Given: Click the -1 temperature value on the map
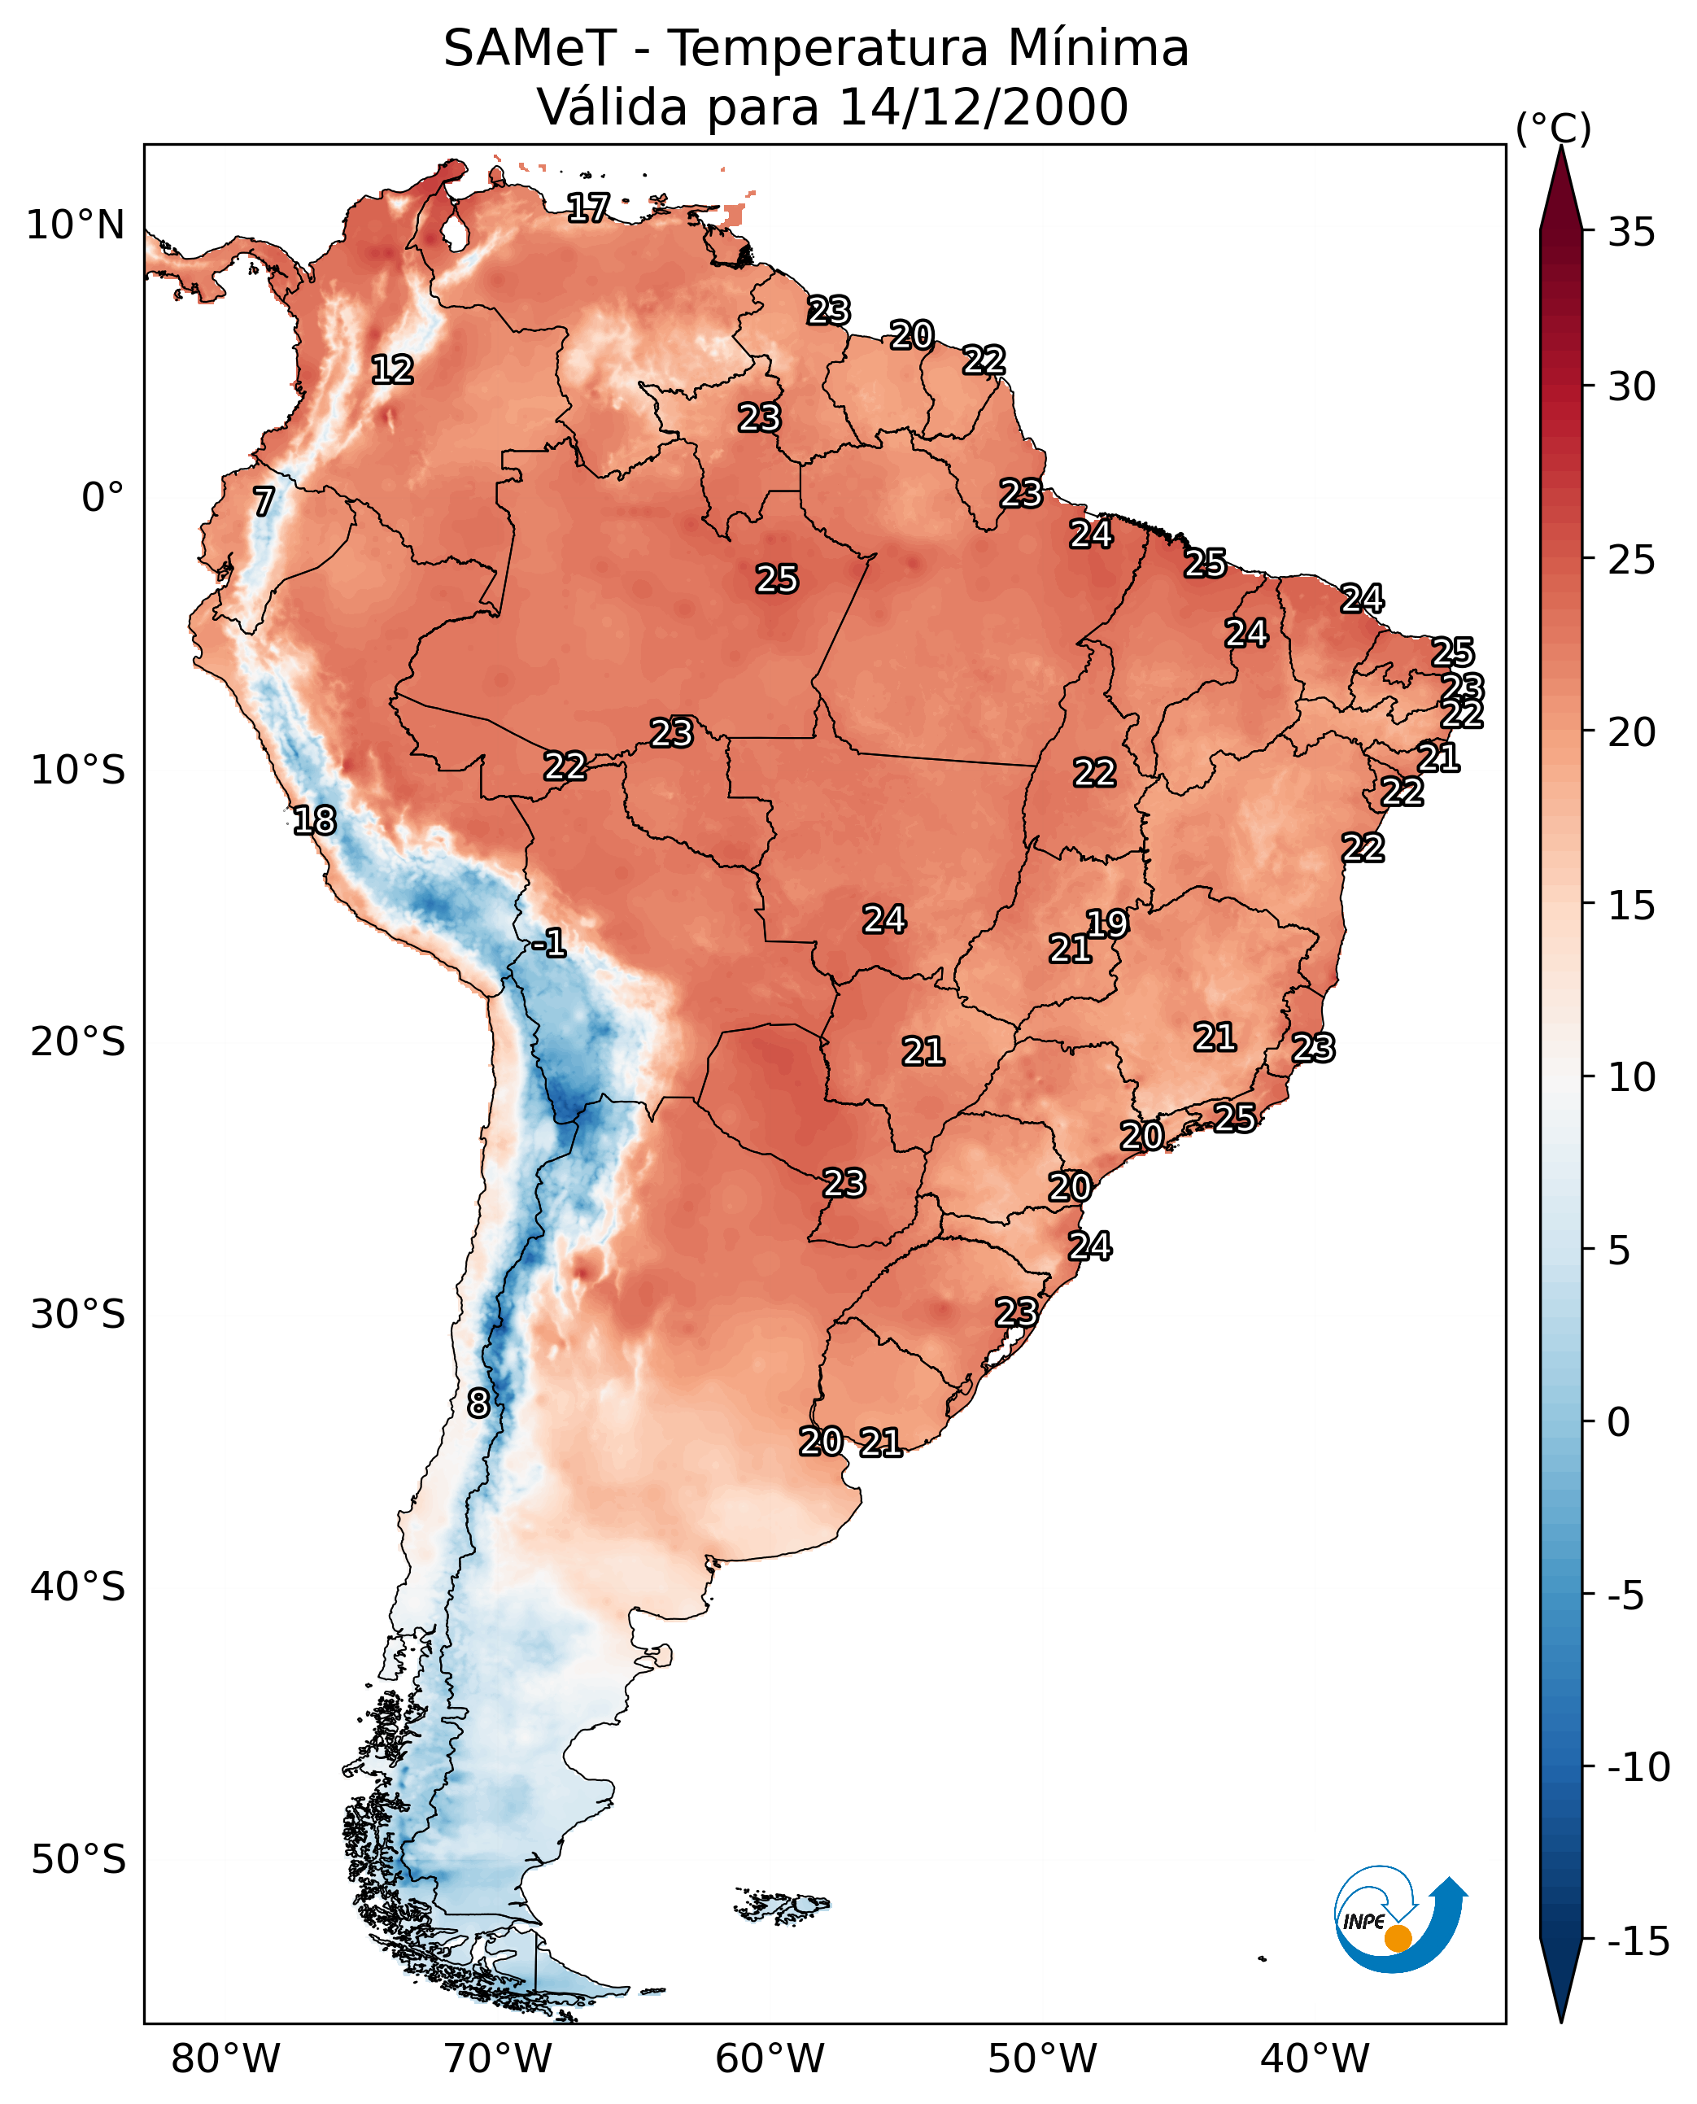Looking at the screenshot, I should (549, 944).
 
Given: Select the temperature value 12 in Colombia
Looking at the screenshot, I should (393, 369).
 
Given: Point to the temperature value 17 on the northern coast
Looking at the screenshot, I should (588, 207).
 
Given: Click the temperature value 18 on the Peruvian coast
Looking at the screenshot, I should (315, 820).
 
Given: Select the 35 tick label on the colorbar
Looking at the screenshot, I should (1631, 233).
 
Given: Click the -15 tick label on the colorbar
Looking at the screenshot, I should (1638, 1942).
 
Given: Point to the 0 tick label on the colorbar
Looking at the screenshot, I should (1619, 1422).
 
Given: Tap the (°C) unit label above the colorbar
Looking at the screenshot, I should (1553, 128).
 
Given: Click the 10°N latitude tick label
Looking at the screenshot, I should (76, 226).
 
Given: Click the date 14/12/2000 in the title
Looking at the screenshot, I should (983, 107).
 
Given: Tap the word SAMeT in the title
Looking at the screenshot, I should (530, 48).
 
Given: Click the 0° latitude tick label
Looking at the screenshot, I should (103, 498).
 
